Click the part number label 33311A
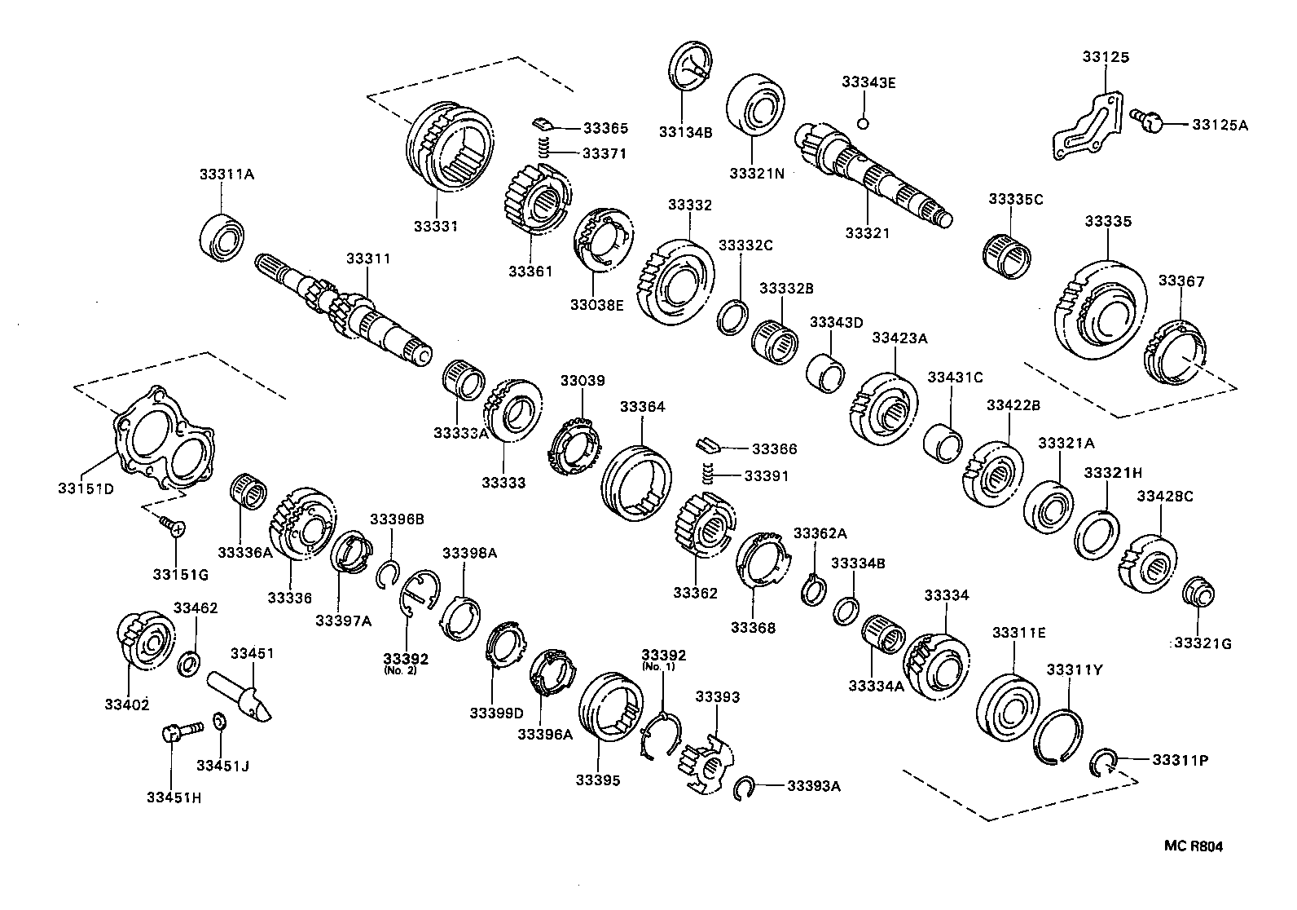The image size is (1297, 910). (226, 174)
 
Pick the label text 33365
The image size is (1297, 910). (605, 128)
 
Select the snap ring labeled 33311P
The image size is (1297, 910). (1102, 764)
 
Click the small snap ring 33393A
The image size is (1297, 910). (742, 788)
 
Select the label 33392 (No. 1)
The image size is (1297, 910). (663, 659)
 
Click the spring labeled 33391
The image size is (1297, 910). (708, 474)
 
